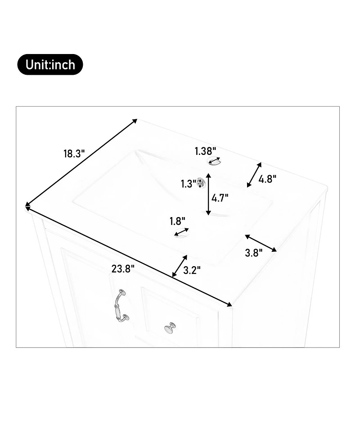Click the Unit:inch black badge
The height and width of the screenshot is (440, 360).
[x=50, y=64]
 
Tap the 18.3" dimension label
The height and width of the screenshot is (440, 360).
[x=74, y=154]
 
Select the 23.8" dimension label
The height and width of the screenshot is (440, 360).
[x=123, y=269]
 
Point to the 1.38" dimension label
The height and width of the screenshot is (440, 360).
[x=206, y=151]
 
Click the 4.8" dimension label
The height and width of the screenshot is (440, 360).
[x=267, y=179]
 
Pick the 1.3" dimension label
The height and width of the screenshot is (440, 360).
[x=188, y=184]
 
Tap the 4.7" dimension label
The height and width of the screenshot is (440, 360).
[x=220, y=198]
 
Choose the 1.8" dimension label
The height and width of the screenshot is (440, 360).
[x=177, y=222]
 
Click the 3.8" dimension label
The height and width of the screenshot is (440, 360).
[x=254, y=253]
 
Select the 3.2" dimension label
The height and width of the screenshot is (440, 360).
[x=192, y=270]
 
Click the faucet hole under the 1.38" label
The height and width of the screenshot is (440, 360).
[x=215, y=161]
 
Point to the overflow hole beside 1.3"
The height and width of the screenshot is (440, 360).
[x=201, y=183]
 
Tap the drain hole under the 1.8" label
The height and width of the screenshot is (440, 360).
[x=181, y=233]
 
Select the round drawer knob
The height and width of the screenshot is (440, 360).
[x=170, y=327]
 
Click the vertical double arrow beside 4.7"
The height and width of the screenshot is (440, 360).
[x=208, y=194]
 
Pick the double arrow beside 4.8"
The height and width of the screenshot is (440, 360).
[x=254, y=175]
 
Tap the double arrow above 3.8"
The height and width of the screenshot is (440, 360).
[x=261, y=243]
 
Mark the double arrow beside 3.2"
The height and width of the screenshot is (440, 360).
[x=180, y=266]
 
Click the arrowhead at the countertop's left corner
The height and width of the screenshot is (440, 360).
[x=27, y=206]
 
